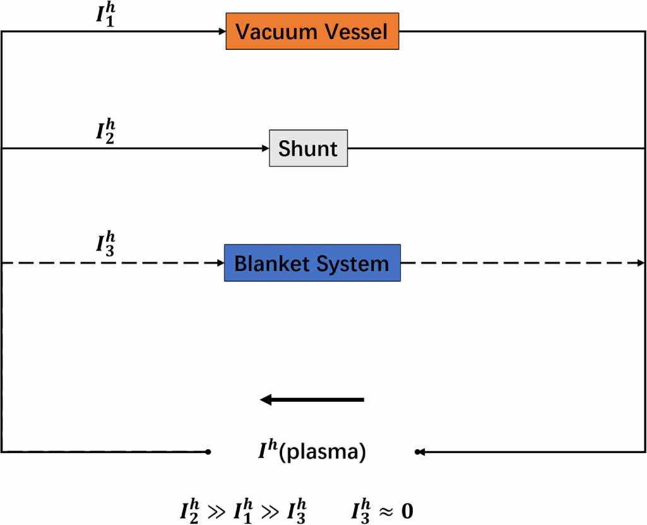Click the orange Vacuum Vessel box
tap(312, 31)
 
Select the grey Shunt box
tap(308, 148)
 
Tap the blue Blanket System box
tap(312, 263)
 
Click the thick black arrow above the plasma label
tap(312, 399)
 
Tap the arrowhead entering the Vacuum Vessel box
tap(222, 31)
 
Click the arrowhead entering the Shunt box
tap(265, 148)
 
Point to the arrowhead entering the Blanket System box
tap(220, 263)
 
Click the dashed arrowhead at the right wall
tap(642, 263)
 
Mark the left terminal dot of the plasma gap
tap(208, 452)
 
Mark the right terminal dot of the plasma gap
tap(417, 452)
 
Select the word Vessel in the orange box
tap(357, 31)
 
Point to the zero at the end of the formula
tap(407, 509)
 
